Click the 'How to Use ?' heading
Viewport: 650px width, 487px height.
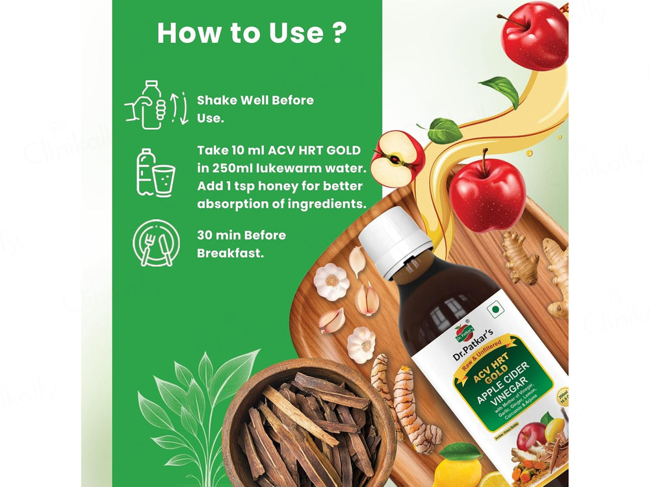251,33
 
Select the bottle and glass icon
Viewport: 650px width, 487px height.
155,173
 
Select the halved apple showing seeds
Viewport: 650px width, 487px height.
396,159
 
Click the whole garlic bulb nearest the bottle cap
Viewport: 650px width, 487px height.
331,281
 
